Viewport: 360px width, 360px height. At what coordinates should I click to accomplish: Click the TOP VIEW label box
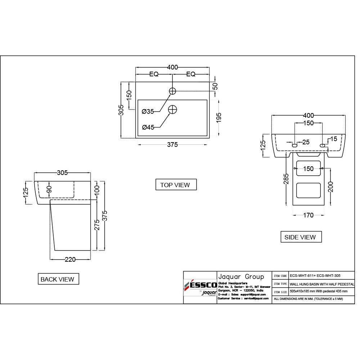(176, 185)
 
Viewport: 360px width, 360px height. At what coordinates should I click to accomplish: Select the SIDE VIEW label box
(301, 237)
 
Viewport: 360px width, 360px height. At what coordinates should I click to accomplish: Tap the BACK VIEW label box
(58, 279)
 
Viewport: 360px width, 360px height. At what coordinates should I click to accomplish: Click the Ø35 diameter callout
(148, 112)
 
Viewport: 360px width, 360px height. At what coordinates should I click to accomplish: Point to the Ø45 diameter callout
(148, 127)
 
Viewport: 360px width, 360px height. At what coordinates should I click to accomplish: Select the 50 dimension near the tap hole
(215, 86)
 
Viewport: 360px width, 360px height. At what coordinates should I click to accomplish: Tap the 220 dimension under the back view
(70, 260)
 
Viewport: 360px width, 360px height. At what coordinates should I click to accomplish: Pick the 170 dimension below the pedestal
(308, 215)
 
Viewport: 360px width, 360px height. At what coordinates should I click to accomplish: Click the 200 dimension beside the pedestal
(331, 186)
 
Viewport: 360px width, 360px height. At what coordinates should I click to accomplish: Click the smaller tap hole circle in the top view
(172, 91)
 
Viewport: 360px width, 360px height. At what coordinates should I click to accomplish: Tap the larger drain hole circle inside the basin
(173, 109)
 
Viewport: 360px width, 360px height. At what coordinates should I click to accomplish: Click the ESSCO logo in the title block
(200, 286)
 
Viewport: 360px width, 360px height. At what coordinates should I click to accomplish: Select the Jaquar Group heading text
(241, 276)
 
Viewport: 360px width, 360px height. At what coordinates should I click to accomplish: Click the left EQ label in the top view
(154, 74)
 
